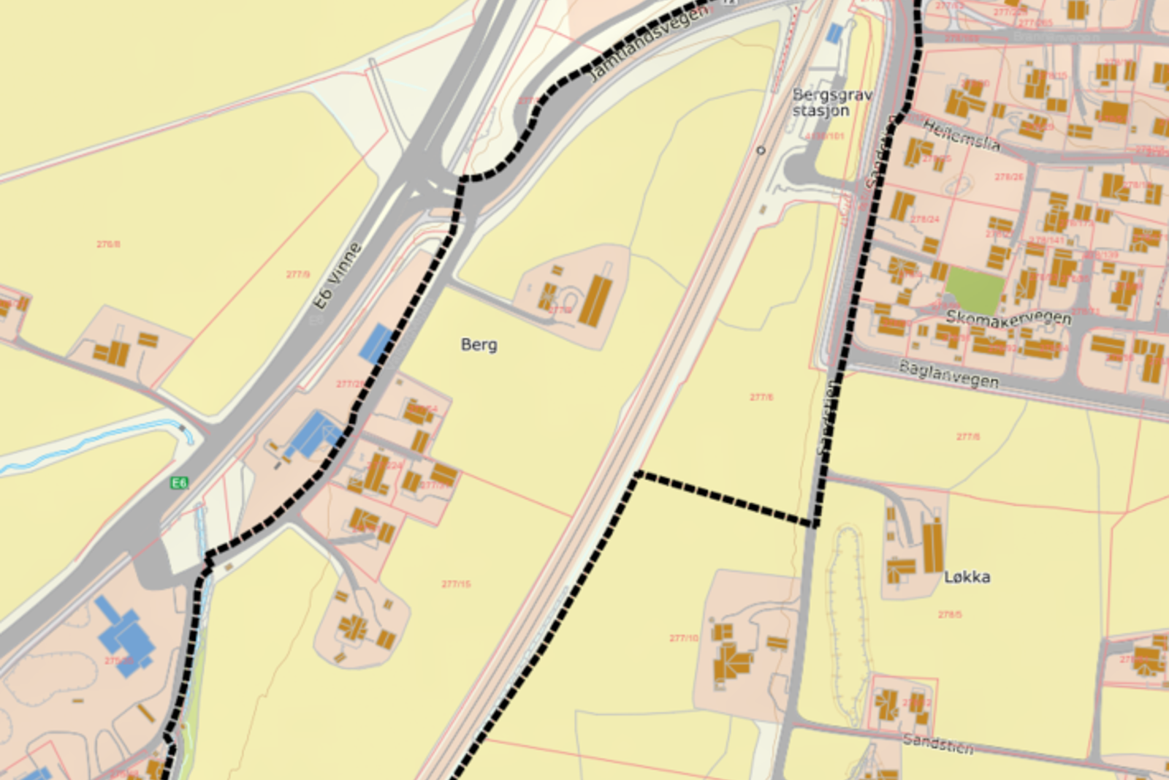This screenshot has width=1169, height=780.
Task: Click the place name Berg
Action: pyautogui.click(x=479, y=344)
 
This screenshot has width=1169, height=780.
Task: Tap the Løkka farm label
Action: pyautogui.click(x=967, y=577)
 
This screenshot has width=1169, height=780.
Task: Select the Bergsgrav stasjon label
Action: pyautogui.click(x=831, y=102)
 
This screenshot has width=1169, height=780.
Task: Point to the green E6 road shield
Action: pyautogui.click(x=179, y=482)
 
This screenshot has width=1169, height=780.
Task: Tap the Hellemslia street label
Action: pyautogui.click(x=961, y=135)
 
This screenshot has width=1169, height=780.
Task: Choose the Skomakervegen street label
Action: pyautogui.click(x=1008, y=317)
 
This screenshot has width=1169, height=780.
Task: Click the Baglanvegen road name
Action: pyautogui.click(x=948, y=374)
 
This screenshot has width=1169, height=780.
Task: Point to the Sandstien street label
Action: pyautogui.click(x=938, y=743)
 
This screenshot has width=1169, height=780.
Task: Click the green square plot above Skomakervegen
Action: pyautogui.click(x=975, y=291)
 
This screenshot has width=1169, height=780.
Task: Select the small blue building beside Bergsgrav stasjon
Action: pyautogui.click(x=834, y=32)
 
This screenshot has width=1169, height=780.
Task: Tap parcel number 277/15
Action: pyautogui.click(x=456, y=584)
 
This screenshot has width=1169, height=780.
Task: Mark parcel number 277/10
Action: pyautogui.click(x=684, y=638)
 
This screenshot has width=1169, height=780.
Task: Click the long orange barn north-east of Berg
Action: pyautogui.click(x=595, y=300)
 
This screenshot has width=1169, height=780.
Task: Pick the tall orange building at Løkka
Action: pyautogui.click(x=932, y=548)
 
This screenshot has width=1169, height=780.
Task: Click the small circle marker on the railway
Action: pyautogui.click(x=761, y=150)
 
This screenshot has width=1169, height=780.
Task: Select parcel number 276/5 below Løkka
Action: pyautogui.click(x=950, y=614)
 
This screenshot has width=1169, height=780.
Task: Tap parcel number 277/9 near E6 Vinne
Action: pyautogui.click(x=297, y=275)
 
